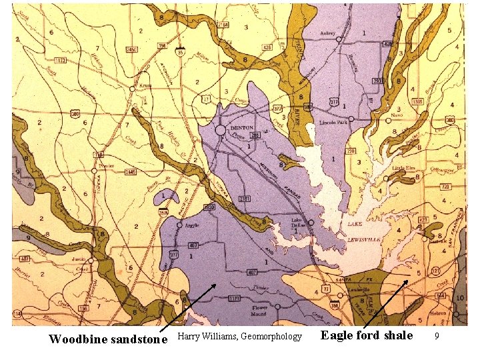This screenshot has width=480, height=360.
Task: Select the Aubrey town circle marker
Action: pyautogui.click(x=339, y=39)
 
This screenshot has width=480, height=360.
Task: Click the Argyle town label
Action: pyautogui.click(x=189, y=227)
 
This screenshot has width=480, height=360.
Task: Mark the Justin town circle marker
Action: pyautogui.click(x=91, y=261)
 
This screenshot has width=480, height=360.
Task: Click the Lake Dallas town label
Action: pyautogui.click(x=297, y=223)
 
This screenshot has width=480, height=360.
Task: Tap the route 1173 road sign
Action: pyautogui.click(x=61, y=61)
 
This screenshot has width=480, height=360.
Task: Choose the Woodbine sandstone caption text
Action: pyautogui.click(x=108, y=339)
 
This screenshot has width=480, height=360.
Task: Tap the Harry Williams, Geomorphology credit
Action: pyautogui.click(x=239, y=337)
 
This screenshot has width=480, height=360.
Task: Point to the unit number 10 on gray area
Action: pyautogui.click(x=461, y=297)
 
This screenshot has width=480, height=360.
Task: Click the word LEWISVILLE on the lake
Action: pyautogui.click(x=364, y=235)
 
